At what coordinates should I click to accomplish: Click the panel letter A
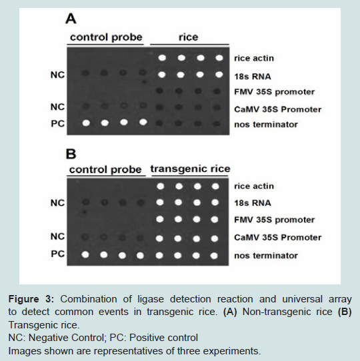pyautogui.click(x=71, y=19)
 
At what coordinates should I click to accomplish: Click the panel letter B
pyautogui.click(x=71, y=154)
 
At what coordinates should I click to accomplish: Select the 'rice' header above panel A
pyautogui.click(x=188, y=37)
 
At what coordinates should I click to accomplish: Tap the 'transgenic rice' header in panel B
pyautogui.click(x=191, y=169)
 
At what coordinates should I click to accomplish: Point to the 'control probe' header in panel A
pyautogui.click(x=106, y=37)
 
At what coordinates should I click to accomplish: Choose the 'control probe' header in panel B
pyautogui.click(x=105, y=170)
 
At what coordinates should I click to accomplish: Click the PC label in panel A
pyautogui.click(x=57, y=124)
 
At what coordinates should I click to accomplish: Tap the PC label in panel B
pyautogui.click(x=57, y=254)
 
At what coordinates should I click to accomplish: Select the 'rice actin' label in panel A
pyautogui.click(x=254, y=58)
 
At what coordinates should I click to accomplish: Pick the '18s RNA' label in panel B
pyautogui.click(x=253, y=203)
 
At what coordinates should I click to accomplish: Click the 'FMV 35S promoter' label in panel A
pyautogui.click(x=274, y=92)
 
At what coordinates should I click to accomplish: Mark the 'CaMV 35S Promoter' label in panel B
pyautogui.click(x=278, y=237)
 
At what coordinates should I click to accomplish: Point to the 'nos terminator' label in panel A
pyautogui.click(x=266, y=125)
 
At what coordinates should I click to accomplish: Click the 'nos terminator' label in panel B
pyautogui.click(x=266, y=256)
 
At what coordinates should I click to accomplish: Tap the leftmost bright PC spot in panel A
pyautogui.click(x=86, y=123)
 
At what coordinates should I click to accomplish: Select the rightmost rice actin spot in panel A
pyautogui.click(x=219, y=57)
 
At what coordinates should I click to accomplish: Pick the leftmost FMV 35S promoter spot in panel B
pyautogui.click(x=160, y=219)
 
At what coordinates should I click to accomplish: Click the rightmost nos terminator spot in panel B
pyautogui.click(x=214, y=256)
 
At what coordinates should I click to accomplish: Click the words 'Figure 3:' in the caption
pyautogui.click(x=31, y=299)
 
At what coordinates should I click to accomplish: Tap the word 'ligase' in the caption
pyautogui.click(x=151, y=299)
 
